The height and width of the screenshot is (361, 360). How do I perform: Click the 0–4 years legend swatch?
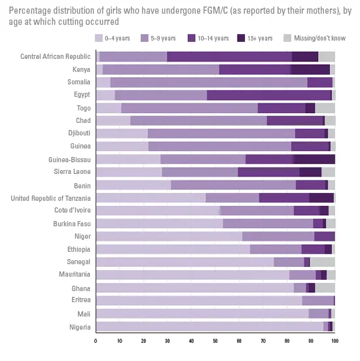coord(99,38)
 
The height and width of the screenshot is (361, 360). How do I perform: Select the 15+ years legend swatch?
coord(241,38)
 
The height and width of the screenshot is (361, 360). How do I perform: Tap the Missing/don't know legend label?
coord(319,38)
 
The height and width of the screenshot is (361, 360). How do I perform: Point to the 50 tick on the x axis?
coord(215,341)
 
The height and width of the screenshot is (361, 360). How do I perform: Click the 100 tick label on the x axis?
coord(334,341)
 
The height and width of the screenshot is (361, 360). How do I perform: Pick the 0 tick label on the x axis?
coord(96,341)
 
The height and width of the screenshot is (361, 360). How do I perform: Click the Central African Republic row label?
coord(56,56)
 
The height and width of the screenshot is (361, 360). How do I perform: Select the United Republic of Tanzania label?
coord(50,198)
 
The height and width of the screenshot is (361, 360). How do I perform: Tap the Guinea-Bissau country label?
coord(69,160)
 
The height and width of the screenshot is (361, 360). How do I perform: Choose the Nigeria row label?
coord(80,327)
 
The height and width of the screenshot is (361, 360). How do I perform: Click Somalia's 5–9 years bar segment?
coord(209,82)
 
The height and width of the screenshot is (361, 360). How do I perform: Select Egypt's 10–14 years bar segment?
coord(269,95)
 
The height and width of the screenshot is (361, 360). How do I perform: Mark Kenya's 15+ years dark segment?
coord(310,69)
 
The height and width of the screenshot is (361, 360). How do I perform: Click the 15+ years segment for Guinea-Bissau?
coord(315,160)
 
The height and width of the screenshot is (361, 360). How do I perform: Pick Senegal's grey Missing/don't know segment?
coord(323,262)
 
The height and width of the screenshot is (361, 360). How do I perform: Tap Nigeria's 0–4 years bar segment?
coord(209,326)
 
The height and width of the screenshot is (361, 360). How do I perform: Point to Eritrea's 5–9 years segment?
coord(318,301)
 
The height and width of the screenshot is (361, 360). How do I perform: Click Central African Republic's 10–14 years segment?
coord(229,57)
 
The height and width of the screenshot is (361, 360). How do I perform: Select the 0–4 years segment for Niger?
coord(169,237)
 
